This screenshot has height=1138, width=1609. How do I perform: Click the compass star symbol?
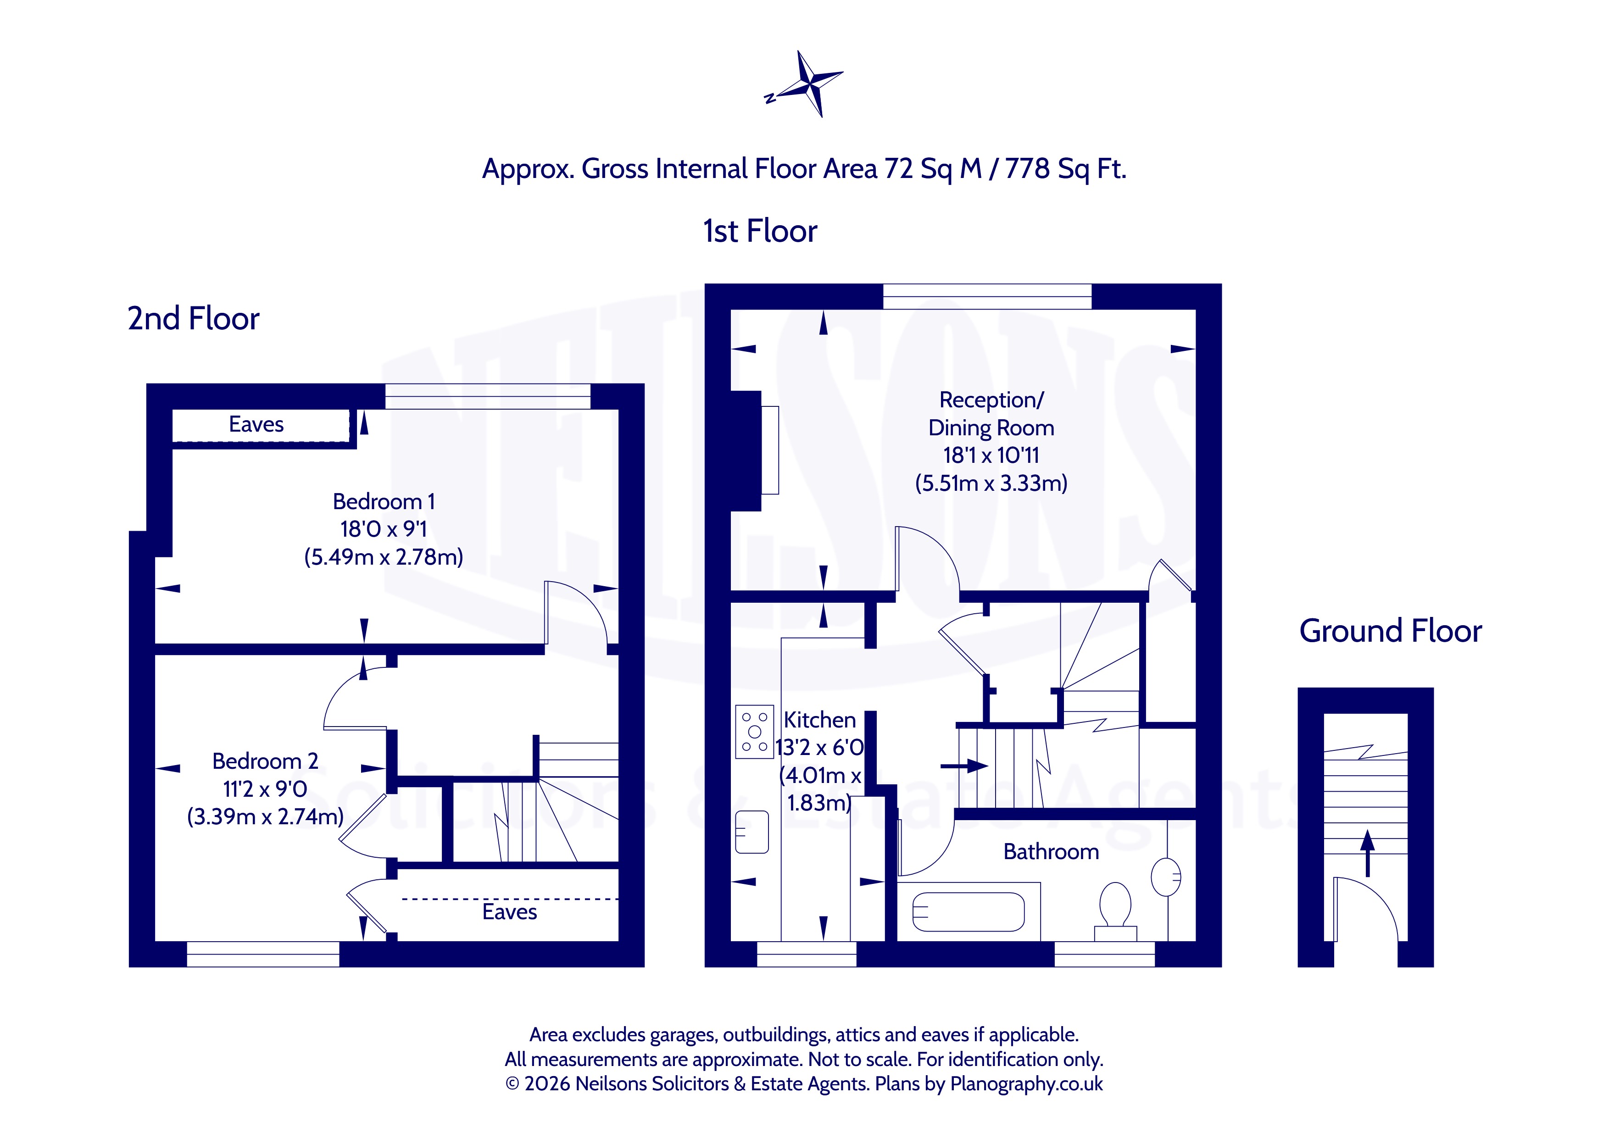(x=809, y=84)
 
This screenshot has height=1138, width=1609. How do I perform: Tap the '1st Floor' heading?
(x=760, y=231)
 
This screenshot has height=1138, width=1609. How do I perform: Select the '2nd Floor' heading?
(x=194, y=319)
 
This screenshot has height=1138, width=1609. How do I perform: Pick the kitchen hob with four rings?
(x=755, y=732)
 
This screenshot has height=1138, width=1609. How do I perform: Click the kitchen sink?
(x=752, y=832)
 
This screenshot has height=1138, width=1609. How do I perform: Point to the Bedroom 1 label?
(x=384, y=502)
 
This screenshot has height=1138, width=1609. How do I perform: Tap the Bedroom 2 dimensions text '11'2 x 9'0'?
(x=265, y=789)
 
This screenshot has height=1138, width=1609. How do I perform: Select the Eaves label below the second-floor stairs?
(x=509, y=912)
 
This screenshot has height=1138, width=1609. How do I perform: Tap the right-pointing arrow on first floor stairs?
(x=964, y=766)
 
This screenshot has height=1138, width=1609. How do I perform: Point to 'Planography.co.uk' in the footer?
(x=1027, y=1084)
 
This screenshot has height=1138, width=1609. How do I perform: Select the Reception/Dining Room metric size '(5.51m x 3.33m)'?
(x=991, y=483)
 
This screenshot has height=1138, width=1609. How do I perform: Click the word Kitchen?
(x=820, y=720)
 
